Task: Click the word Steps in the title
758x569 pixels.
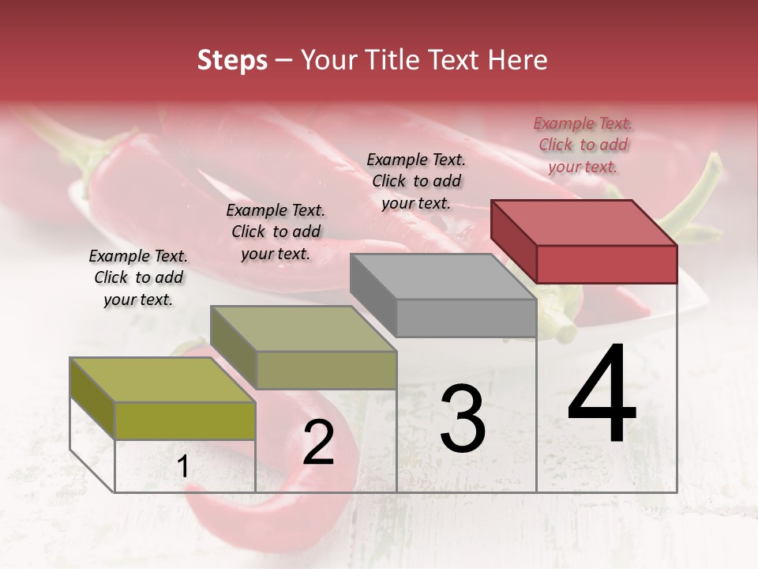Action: coord(232,60)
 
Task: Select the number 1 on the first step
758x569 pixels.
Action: coord(183,467)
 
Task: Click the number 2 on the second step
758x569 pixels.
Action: coord(318,443)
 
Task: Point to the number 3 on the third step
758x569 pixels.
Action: coord(463,419)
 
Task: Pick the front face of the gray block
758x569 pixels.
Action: coord(466,318)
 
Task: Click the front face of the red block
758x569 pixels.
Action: coord(606,264)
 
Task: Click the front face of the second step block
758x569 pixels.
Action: coord(326,370)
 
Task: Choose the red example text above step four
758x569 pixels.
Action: coord(583,145)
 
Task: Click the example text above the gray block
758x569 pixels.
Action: coord(416,181)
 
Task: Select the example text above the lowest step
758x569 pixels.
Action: coord(138,277)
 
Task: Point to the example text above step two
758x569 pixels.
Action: coord(276,232)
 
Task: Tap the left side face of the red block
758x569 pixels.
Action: coord(513,240)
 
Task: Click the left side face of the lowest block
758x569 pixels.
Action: coord(92,398)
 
